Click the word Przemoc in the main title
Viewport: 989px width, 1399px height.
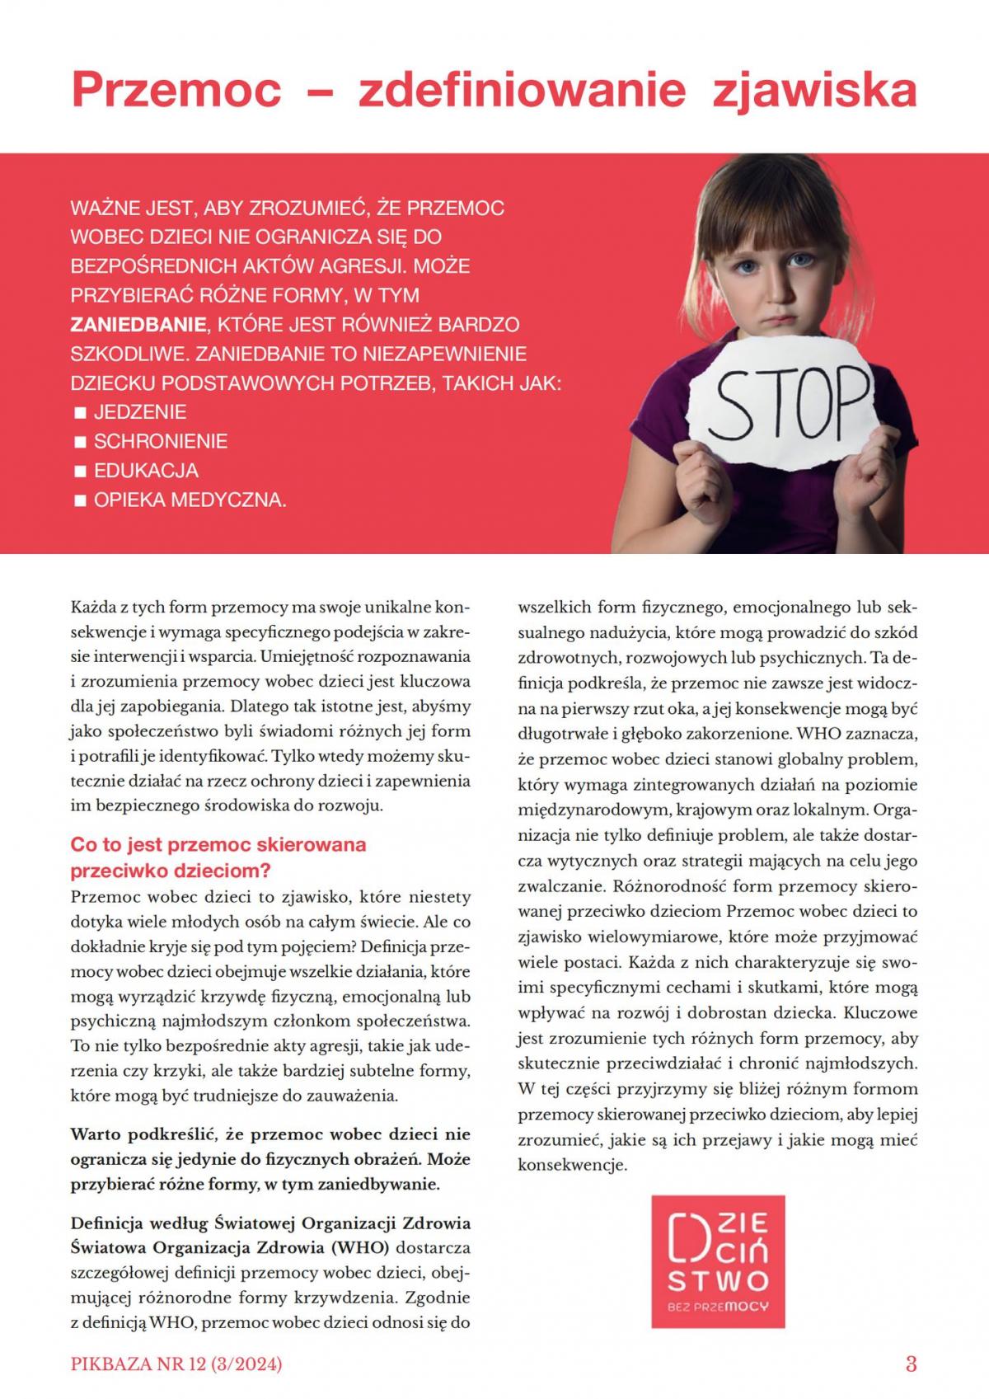point(176,90)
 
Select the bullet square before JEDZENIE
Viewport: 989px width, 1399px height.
point(81,412)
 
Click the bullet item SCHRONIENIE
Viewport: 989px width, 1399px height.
point(160,441)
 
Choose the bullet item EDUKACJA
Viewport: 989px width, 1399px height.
point(146,471)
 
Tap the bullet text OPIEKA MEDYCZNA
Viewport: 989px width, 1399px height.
point(190,500)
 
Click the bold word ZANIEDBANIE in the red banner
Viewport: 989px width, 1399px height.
point(130,324)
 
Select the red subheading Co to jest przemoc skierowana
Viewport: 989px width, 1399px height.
point(218,845)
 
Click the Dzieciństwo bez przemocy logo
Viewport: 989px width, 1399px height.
point(718,1261)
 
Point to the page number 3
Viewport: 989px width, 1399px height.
point(911,1364)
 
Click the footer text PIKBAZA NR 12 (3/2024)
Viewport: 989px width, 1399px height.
point(176,1364)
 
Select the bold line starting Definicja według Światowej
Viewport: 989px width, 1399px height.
point(270,1223)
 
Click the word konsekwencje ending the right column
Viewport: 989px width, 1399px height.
point(573,1166)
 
